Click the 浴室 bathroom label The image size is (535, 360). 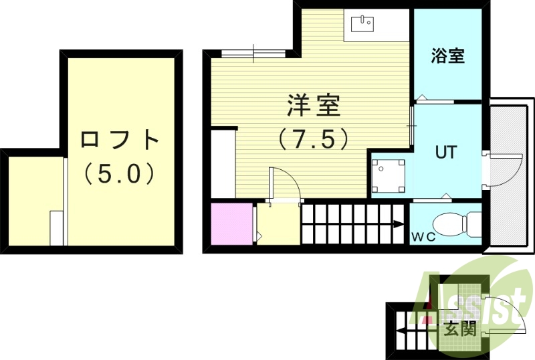point(447,56)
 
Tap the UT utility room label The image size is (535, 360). point(446,152)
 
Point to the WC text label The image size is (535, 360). point(423,236)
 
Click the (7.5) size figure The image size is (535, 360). point(314,139)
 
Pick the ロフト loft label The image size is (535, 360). point(120,141)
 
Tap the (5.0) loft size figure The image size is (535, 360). point(120,174)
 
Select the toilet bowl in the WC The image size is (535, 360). point(457,222)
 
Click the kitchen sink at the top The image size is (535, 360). point(361,25)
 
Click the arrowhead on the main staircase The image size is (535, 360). point(399,224)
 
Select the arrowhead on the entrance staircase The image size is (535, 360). point(401,329)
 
